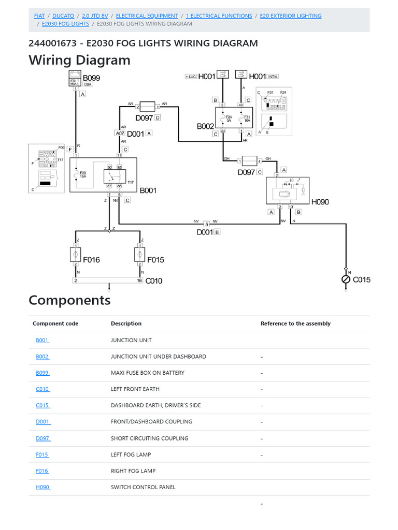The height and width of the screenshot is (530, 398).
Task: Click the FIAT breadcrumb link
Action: click(39, 16)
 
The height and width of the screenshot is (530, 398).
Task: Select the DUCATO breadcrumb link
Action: click(63, 16)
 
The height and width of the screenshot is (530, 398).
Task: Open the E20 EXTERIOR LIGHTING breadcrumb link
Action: click(290, 16)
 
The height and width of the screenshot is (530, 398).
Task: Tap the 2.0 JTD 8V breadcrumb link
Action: click(95, 16)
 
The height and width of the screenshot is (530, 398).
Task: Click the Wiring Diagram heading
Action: click(79, 60)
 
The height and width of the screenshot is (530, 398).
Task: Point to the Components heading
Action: click(69, 300)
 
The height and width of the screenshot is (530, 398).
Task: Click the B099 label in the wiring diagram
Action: click(91, 79)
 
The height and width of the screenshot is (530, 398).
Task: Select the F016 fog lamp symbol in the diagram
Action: click(76, 254)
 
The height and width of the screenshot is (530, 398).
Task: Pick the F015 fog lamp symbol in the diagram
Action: click(140, 254)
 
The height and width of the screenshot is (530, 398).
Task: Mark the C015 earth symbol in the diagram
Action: click(346, 279)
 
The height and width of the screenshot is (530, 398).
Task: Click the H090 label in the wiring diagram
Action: click(320, 202)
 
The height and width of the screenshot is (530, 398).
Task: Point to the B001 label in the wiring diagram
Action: click(148, 190)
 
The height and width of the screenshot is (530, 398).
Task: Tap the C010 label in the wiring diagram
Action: click(153, 281)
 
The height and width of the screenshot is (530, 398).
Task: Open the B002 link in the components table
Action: click(42, 357)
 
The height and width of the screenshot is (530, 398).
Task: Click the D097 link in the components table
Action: click(43, 438)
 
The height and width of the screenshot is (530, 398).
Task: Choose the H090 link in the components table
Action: click(43, 487)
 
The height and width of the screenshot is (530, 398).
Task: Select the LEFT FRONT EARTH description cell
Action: click(135, 389)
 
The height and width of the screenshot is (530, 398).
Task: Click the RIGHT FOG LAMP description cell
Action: click(133, 471)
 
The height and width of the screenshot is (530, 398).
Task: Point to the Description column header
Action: click(126, 323)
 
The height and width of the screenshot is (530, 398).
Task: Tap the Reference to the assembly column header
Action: click(295, 323)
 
